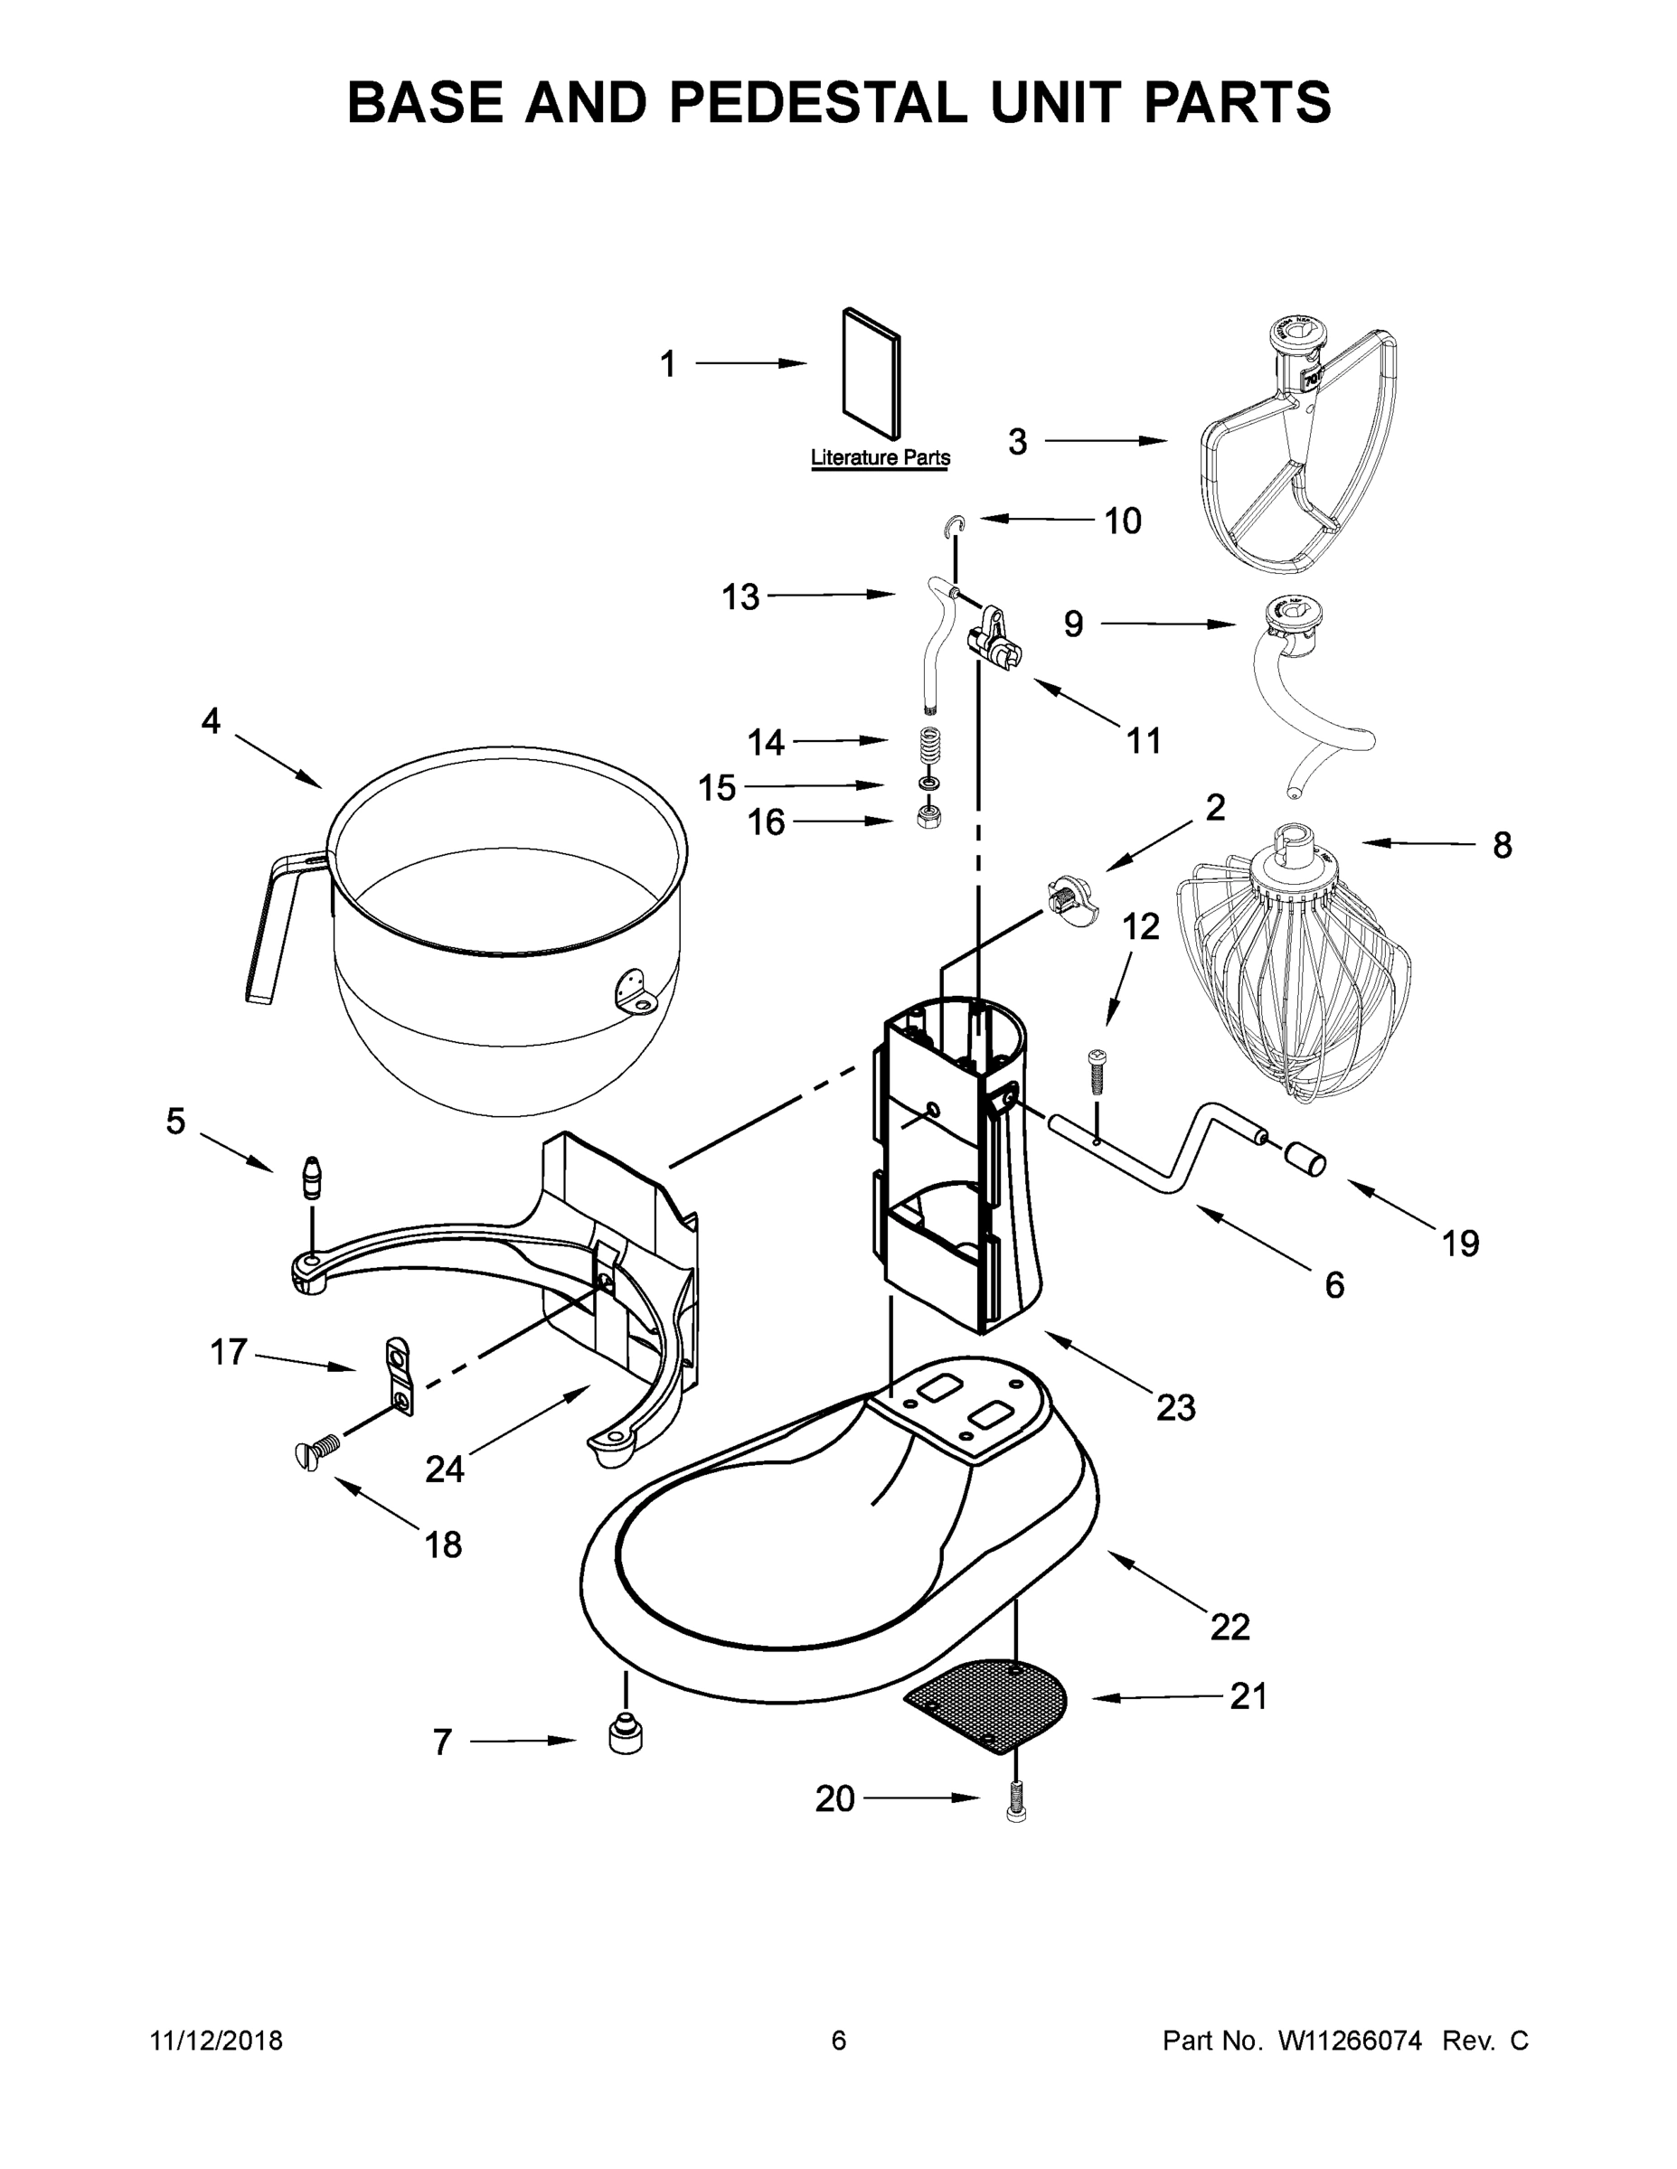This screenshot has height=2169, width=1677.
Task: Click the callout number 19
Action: tap(1459, 1243)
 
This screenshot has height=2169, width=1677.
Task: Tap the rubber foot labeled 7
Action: tap(624, 1735)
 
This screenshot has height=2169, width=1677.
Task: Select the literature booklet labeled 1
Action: tap(872, 372)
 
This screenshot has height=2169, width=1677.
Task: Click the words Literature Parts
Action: tap(881, 458)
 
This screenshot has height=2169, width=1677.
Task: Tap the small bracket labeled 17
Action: tap(399, 1375)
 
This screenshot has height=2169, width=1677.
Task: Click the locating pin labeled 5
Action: tap(313, 1178)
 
